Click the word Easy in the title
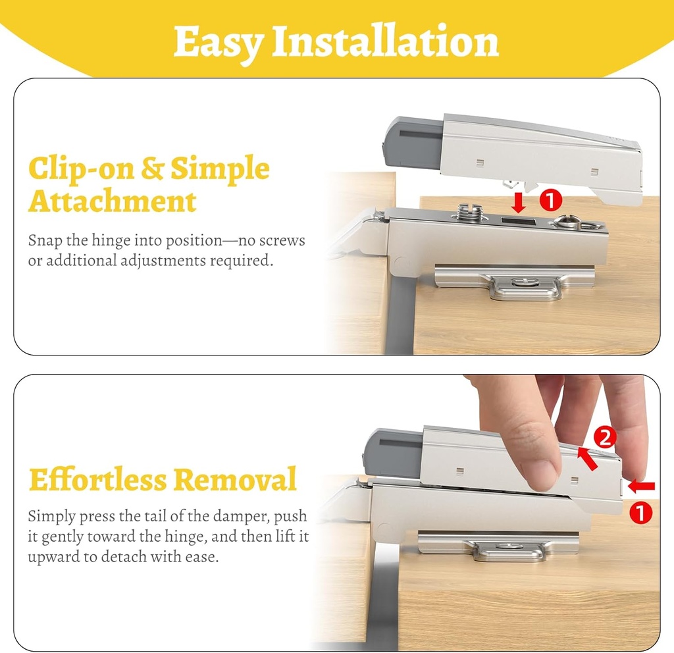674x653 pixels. point(219,42)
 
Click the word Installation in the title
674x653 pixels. point(386,42)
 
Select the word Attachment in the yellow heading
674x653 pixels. point(112,201)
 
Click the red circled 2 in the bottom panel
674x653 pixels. point(604,436)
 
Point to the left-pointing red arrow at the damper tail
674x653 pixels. point(642,486)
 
